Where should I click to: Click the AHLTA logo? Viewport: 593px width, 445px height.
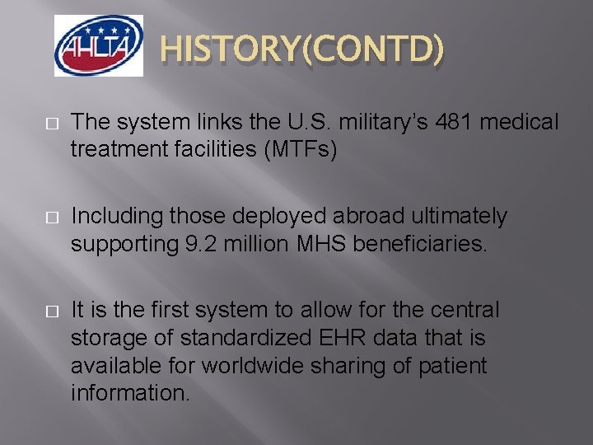[98, 46]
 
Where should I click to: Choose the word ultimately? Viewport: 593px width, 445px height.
[460, 217]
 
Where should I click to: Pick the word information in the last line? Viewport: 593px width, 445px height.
[130, 391]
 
